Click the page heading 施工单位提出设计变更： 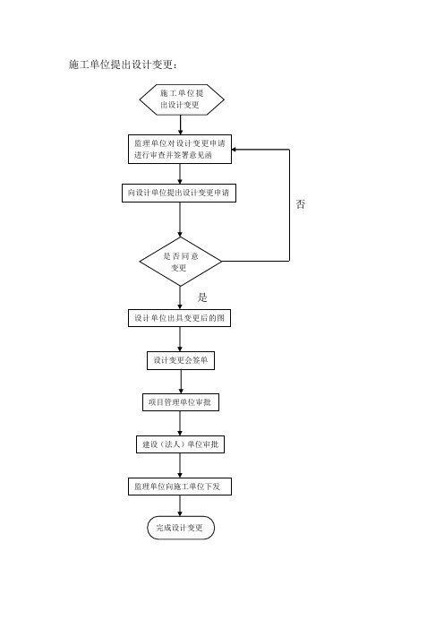[123, 65]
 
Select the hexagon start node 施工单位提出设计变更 [182, 99]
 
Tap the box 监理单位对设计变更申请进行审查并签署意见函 [180, 150]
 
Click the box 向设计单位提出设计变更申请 [179, 193]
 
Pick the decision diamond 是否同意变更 [180, 262]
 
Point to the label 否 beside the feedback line [301, 204]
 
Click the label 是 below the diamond [202, 297]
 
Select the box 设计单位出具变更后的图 [180, 318]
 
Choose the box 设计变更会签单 [181, 360]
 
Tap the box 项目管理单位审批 [181, 402]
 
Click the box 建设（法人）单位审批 [180, 444]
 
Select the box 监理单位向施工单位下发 [180, 487]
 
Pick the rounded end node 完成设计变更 [181, 528]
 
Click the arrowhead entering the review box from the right [234, 150]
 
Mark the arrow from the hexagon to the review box [181, 125]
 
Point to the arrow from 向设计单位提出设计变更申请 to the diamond [180, 220]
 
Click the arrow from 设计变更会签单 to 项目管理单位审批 [181, 382]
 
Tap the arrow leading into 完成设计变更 [180, 506]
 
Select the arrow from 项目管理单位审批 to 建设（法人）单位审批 [180, 424]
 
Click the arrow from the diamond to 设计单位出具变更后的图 [180, 297]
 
